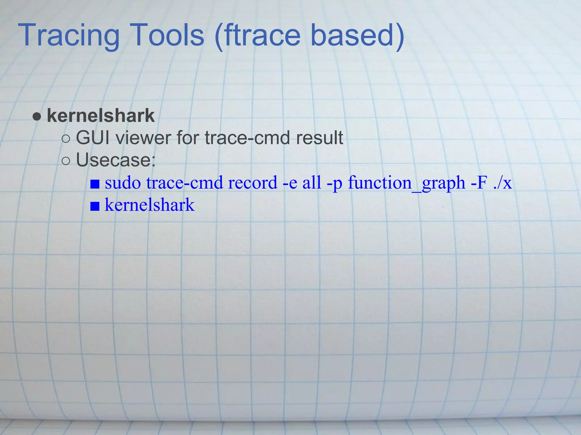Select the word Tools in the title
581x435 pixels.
168,36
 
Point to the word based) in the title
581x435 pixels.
357,36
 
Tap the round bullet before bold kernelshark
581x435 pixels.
37,116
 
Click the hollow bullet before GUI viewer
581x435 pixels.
66,139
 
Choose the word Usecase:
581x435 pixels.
116,160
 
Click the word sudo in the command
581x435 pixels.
123,183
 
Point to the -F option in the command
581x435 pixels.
479,183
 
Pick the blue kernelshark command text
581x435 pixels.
150,205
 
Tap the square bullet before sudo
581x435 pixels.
95,184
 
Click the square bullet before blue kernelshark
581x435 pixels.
95,206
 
